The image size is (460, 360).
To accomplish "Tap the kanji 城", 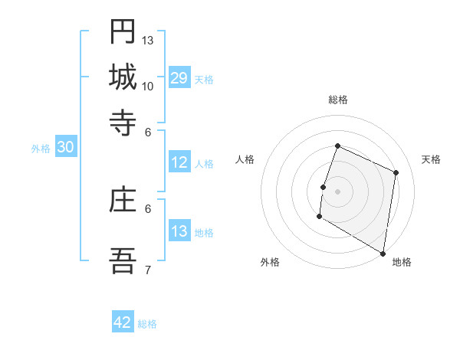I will (x=123, y=77).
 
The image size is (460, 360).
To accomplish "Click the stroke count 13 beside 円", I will (x=148, y=40).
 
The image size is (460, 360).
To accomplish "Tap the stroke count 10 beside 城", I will (x=148, y=86).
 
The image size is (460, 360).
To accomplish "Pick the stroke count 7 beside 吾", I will (x=148, y=270).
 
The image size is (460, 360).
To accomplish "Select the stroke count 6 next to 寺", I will (x=148, y=131).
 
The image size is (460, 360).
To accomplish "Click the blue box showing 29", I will (x=179, y=78).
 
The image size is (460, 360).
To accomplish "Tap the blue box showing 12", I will (x=179, y=162).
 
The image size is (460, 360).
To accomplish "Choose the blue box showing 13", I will (x=179, y=231).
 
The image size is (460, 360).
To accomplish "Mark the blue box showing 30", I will (x=65, y=148).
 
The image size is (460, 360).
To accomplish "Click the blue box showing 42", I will (x=123, y=322).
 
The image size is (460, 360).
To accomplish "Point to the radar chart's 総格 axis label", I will (x=338, y=100).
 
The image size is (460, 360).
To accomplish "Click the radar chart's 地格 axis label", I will (x=402, y=263).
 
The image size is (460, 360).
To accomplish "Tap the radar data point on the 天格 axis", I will (x=396, y=172).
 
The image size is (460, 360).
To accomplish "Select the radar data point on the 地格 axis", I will (x=383, y=253).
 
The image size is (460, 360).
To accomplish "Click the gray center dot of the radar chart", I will (x=338, y=191).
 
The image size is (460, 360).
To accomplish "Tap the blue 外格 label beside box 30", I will (x=40, y=149).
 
